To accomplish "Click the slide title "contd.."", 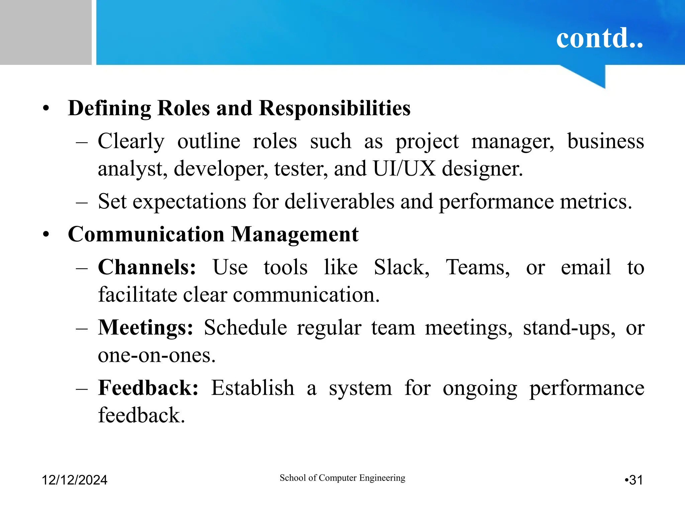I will (599, 38).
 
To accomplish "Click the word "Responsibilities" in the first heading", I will (334, 108).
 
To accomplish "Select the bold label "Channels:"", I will (147, 267).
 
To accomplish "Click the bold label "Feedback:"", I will (148, 388).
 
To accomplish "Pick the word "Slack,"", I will (401, 267).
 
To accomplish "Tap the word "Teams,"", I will (478, 267).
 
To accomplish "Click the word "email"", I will (586, 267).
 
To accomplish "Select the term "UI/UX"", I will (404, 168).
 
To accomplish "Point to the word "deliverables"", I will (339, 202).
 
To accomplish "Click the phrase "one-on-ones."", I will (157, 355).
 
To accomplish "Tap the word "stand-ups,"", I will (569, 328).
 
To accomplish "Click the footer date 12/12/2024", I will (74, 480).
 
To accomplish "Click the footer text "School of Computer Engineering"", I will (342, 478).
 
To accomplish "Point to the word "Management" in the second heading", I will (295, 234).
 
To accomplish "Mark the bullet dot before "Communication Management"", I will (46, 235).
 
